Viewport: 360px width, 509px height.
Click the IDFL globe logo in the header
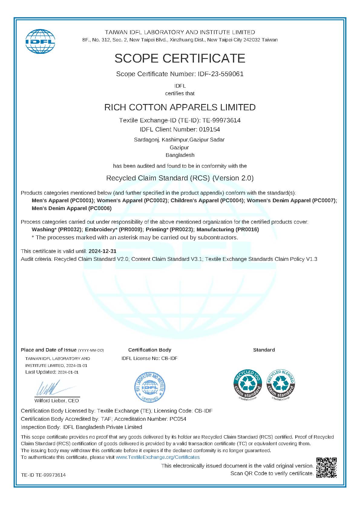(x=40, y=42)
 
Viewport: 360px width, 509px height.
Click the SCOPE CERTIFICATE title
(x=180, y=58)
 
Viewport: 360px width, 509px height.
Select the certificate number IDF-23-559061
(x=221, y=74)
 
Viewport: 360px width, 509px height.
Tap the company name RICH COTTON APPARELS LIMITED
(x=180, y=107)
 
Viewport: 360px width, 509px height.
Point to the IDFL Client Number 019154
(x=209, y=130)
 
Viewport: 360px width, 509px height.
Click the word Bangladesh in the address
(x=180, y=155)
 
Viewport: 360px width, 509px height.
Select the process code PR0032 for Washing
(x=70, y=229)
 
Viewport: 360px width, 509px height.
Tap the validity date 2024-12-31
(x=102, y=251)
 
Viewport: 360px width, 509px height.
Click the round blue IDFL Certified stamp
(x=150, y=387)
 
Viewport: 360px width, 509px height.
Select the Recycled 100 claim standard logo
(x=248, y=384)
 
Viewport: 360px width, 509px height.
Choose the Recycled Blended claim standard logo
(x=281, y=384)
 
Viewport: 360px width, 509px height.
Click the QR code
(x=326, y=468)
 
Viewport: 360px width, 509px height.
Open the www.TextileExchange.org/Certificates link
(x=158, y=457)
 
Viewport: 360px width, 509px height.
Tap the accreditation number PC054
(x=178, y=419)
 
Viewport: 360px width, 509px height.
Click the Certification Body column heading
(x=149, y=350)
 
